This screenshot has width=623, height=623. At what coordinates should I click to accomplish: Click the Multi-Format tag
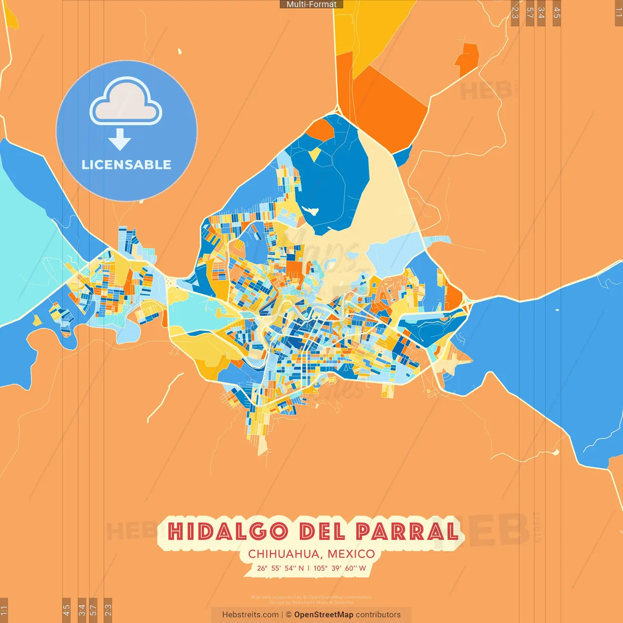(x=311, y=4)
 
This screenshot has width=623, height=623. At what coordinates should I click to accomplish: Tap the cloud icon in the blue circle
(x=126, y=103)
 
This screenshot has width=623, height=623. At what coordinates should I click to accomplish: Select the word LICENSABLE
(x=126, y=165)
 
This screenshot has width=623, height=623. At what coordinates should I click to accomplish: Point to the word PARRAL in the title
(x=407, y=531)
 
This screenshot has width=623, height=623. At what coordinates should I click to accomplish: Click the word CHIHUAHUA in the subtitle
(x=284, y=554)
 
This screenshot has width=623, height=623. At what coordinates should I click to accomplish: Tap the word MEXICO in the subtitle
(x=351, y=554)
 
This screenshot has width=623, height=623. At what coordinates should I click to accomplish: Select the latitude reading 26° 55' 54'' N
(x=280, y=568)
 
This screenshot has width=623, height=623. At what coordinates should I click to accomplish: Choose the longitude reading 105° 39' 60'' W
(x=340, y=568)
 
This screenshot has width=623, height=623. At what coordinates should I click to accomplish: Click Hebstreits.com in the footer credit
(x=250, y=615)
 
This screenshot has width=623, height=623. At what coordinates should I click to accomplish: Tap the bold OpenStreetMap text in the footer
(x=324, y=615)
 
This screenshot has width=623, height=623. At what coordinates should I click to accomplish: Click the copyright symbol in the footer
(x=289, y=615)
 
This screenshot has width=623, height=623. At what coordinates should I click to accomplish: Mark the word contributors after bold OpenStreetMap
(x=378, y=615)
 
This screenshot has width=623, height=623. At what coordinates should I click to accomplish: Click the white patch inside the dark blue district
(x=310, y=211)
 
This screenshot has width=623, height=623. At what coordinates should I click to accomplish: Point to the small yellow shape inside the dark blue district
(x=315, y=154)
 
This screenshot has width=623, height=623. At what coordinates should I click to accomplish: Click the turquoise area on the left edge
(x=24, y=253)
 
